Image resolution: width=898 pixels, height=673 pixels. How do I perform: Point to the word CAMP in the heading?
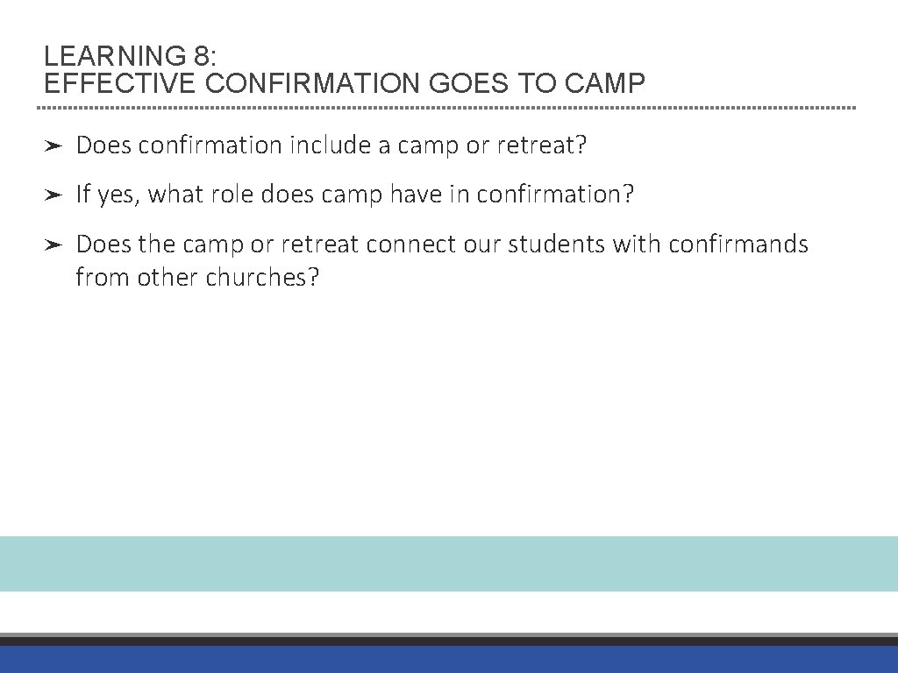click(606, 84)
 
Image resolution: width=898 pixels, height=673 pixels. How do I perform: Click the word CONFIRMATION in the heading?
click(313, 84)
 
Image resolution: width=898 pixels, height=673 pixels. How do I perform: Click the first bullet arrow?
click(52, 145)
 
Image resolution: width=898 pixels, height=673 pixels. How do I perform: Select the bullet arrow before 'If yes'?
click(52, 195)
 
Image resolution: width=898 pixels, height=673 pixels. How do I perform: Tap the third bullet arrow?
click(52, 244)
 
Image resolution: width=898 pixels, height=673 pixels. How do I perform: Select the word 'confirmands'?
click(738, 244)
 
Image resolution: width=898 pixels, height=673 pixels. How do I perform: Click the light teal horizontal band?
click(449, 563)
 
